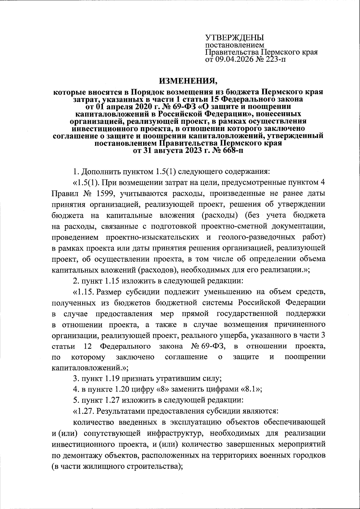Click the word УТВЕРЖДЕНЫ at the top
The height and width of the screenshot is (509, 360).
point(234,38)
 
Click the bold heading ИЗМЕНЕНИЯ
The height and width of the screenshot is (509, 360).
point(187,81)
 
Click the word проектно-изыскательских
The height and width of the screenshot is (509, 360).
point(152,237)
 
